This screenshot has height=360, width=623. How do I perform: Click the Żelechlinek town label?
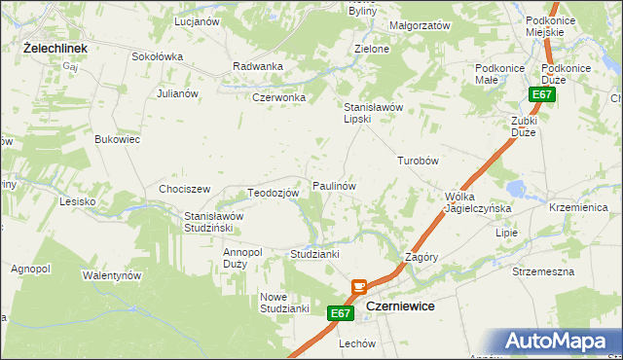[55, 47]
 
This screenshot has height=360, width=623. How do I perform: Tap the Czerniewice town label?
[400, 306]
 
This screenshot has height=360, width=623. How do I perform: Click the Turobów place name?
[420, 161]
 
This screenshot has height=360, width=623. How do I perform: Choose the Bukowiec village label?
[118, 140]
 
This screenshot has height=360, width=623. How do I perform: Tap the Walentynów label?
[112, 275]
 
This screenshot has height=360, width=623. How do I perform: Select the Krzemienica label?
[578, 209]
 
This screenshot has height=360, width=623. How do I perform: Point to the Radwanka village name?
[258, 66]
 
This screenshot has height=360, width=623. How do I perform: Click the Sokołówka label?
[157, 56]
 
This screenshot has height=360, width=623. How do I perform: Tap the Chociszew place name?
[185, 189]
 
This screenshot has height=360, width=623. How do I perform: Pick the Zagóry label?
[421, 257]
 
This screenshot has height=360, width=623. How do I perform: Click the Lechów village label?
[357, 344]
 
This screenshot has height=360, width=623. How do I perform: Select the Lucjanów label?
[195, 20]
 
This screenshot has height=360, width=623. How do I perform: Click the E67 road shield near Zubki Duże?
[543, 94]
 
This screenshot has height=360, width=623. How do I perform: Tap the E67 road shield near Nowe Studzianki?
[339, 313]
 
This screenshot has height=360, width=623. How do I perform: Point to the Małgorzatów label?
[420, 25]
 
